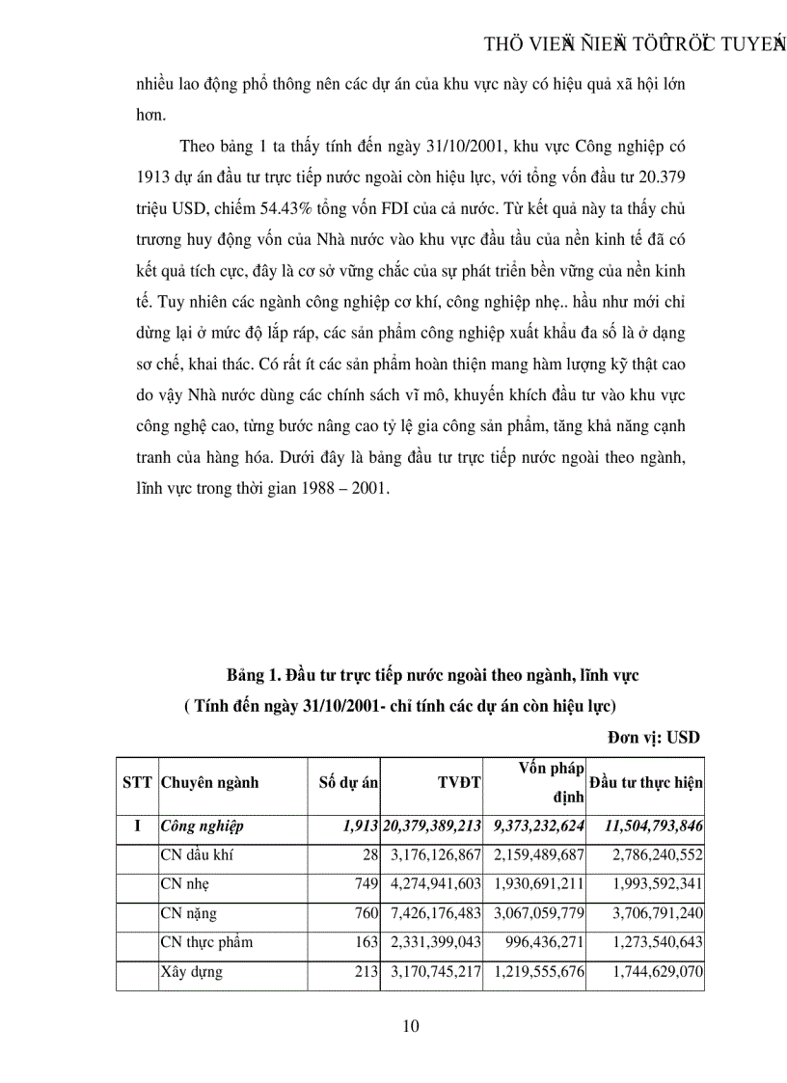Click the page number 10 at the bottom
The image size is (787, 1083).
point(410,1026)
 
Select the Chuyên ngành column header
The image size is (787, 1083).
point(210,784)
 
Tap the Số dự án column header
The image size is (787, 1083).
point(347,784)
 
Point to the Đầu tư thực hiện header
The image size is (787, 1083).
point(646,784)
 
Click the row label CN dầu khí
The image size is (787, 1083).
point(197,854)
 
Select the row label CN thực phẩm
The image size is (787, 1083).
point(207,942)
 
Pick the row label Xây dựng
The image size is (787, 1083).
point(191,972)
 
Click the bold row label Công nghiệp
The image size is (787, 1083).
point(203,826)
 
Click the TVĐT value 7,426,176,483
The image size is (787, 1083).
point(432,913)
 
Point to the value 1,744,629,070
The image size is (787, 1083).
point(658,972)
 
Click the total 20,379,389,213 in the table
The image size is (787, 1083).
point(432,826)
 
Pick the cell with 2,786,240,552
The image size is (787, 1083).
point(658,854)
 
